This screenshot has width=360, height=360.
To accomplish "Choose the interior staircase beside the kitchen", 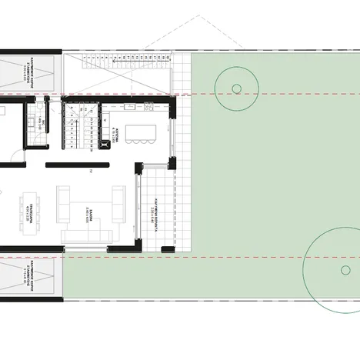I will tap(75, 126).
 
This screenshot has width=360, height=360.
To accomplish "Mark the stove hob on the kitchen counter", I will tap(100, 138).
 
